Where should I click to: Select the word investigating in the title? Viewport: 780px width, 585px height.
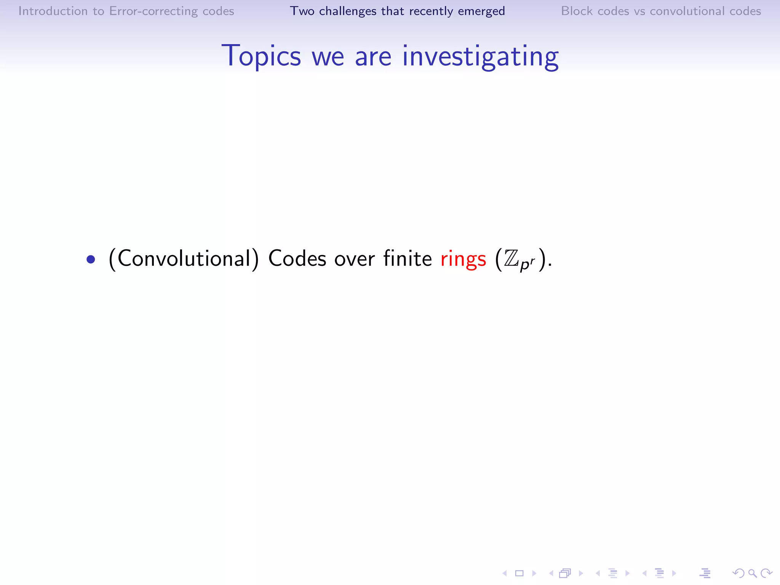point(480,56)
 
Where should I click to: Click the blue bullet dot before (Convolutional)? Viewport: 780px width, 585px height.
point(91,260)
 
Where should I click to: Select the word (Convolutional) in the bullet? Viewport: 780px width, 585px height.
point(184,259)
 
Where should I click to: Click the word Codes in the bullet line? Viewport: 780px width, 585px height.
point(297,259)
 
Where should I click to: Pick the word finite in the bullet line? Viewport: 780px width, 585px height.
point(408,258)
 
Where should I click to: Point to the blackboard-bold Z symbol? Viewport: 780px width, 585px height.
point(511,259)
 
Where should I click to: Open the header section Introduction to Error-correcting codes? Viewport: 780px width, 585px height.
point(126,11)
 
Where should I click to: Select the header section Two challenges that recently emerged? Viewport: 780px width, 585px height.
point(397,11)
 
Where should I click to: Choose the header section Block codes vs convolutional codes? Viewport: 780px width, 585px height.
point(661,11)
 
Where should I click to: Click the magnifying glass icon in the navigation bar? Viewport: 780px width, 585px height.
point(752,573)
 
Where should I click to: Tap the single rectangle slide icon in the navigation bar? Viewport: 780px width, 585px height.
point(519,573)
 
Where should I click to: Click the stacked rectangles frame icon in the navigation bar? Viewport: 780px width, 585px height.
point(565,573)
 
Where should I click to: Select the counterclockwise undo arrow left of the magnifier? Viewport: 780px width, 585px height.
point(738,573)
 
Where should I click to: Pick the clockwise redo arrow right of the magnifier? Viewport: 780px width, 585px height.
point(766,573)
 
